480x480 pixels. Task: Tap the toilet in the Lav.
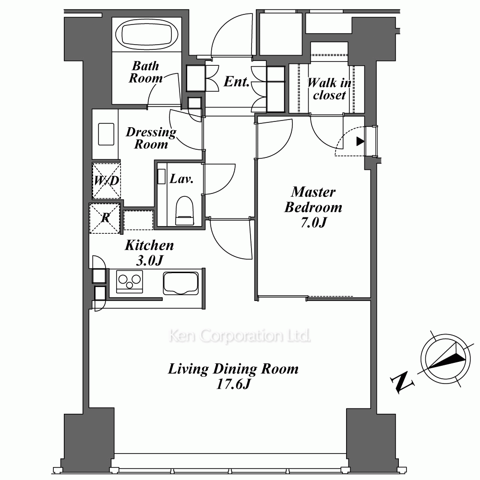click(184, 211)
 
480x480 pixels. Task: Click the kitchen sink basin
click(180, 283)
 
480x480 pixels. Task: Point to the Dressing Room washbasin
click(106, 134)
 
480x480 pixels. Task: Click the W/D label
click(106, 180)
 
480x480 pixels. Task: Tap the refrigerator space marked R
click(104, 218)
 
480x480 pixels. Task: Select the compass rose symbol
click(445, 359)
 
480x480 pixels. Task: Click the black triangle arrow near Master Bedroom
click(360, 142)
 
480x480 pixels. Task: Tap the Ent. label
click(236, 82)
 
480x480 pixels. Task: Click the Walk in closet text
click(329, 89)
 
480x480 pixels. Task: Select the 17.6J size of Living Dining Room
click(233, 384)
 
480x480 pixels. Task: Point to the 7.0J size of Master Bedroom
click(313, 223)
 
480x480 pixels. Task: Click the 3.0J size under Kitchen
click(149, 261)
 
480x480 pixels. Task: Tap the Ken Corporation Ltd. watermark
click(240, 336)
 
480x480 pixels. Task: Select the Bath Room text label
click(146, 72)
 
